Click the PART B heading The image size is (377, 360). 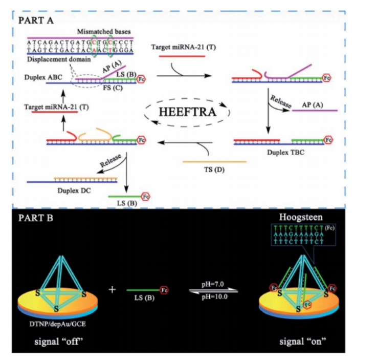pos(36,218)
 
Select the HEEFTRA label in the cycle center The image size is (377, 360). pos(188,111)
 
